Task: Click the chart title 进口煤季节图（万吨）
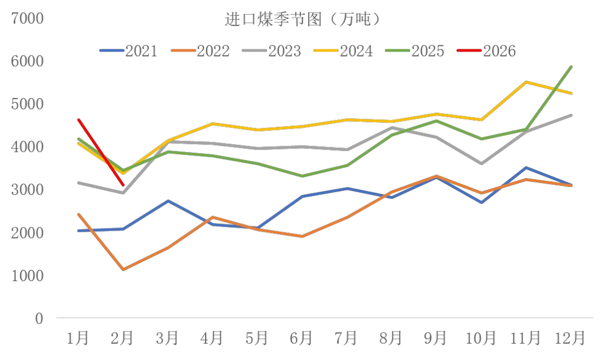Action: (x=302, y=20)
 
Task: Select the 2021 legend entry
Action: (x=129, y=50)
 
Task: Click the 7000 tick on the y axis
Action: (x=27, y=18)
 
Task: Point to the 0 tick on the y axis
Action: (x=39, y=318)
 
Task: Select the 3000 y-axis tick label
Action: (x=27, y=189)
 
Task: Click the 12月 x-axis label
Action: (x=570, y=338)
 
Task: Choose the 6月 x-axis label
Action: (x=301, y=338)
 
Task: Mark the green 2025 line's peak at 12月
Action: (x=571, y=67)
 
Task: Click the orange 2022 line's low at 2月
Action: (x=122, y=269)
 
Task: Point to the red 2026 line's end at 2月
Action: (x=123, y=185)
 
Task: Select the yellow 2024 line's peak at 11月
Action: (x=526, y=82)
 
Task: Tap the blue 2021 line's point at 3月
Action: (x=167, y=201)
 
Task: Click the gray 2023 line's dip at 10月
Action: (x=482, y=164)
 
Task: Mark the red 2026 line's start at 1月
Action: (x=78, y=120)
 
